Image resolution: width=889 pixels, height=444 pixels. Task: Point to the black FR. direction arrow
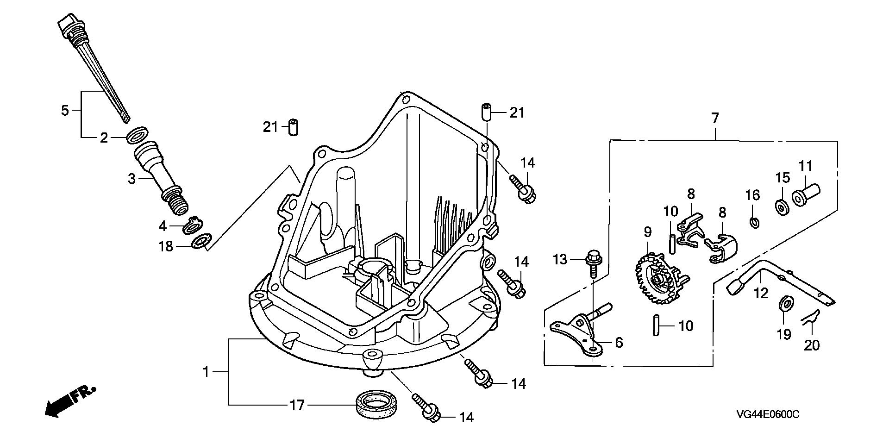coord(70,400)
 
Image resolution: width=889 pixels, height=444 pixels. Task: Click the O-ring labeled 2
coord(138,134)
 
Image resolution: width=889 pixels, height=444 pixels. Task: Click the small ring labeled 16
coord(754,222)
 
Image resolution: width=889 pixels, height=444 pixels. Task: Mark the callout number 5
coord(65,111)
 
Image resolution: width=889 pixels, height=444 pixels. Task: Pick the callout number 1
coord(207,372)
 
